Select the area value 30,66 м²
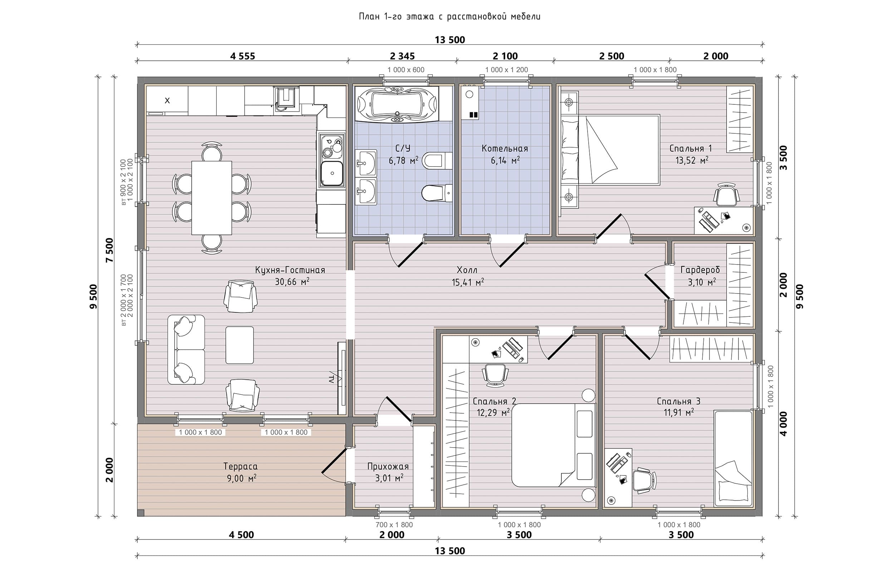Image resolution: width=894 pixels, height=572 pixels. click(292, 282)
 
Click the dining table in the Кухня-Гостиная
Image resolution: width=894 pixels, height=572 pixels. click(212, 198)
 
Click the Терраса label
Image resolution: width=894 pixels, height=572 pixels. click(240, 466)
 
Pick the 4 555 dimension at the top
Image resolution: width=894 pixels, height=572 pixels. click(243, 56)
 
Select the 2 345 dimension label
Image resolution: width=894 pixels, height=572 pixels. click(402, 56)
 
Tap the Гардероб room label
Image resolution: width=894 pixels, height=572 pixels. click(700, 270)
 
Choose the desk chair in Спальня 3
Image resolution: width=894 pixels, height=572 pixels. click(644, 480)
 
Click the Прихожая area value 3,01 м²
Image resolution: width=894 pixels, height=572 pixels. click(389, 478)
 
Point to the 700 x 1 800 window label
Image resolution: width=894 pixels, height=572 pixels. click(394, 525)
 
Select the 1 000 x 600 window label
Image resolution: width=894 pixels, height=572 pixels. click(406, 70)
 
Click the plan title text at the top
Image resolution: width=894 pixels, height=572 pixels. click(450, 17)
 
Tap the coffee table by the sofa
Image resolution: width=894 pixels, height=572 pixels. click(240, 345)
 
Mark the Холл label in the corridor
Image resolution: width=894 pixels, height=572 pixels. click(467, 270)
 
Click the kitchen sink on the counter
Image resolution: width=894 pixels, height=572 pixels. click(332, 173)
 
